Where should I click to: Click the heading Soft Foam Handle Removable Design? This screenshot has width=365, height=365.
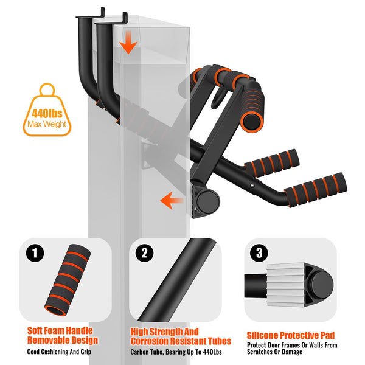(62, 335)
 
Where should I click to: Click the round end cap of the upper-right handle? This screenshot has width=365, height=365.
(251, 120)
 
